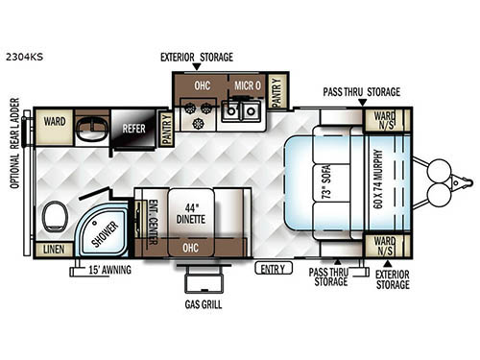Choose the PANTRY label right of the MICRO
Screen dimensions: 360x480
coord(277,92)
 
